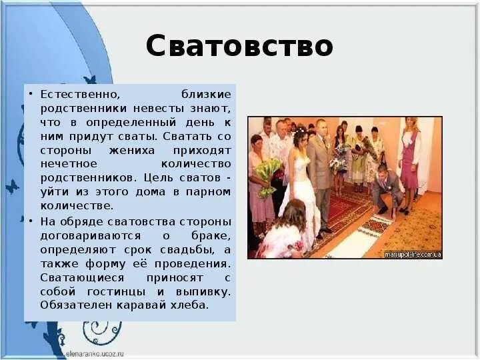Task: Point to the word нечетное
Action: (69, 164)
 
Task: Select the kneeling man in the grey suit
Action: (386, 190)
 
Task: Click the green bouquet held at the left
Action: (268, 175)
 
